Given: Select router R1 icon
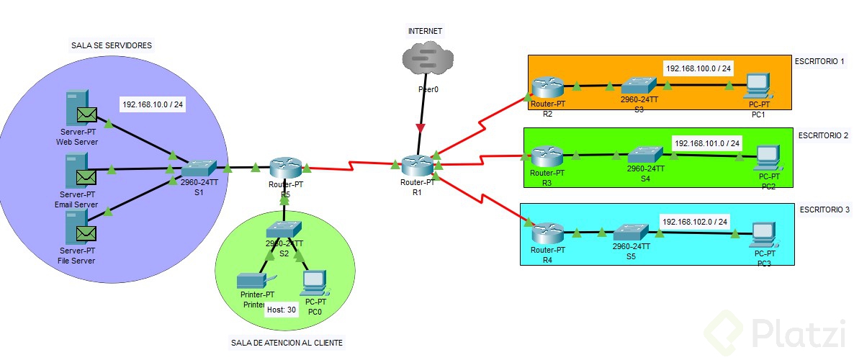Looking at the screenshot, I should click(415, 166).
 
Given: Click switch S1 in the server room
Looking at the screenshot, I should click(198, 168).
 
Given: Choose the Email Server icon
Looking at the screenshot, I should click(78, 171).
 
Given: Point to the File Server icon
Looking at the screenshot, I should click(78, 228).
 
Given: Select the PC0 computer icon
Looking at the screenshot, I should click(314, 282).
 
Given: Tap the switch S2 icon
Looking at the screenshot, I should click(283, 230).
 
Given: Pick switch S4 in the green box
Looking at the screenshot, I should click(645, 154).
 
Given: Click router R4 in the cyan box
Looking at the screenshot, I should click(547, 233).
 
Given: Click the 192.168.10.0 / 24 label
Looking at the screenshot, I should click(153, 104).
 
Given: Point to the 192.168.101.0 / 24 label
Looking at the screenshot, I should click(706, 143).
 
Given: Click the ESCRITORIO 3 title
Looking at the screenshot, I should click(824, 210).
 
